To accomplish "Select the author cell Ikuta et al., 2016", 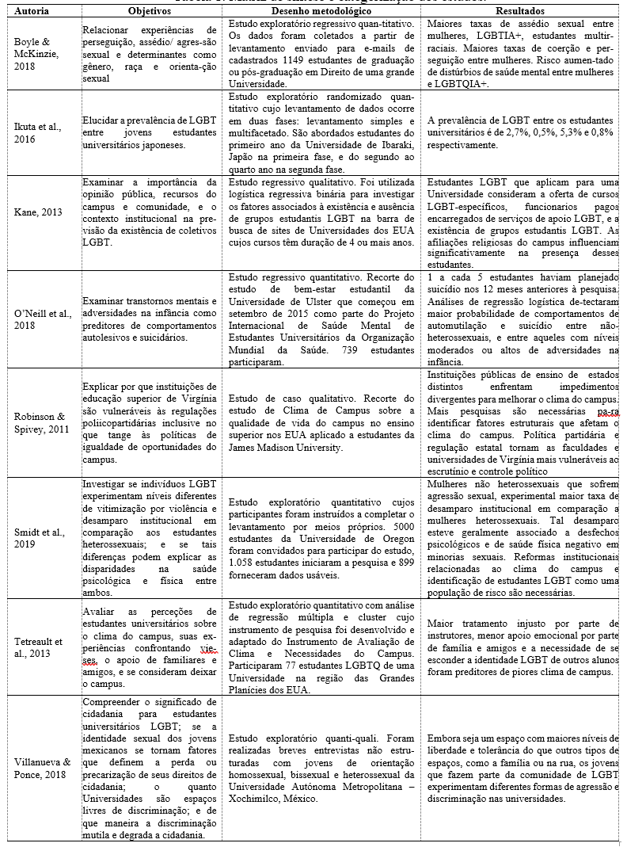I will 36,133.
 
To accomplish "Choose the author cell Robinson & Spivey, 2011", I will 39,423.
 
